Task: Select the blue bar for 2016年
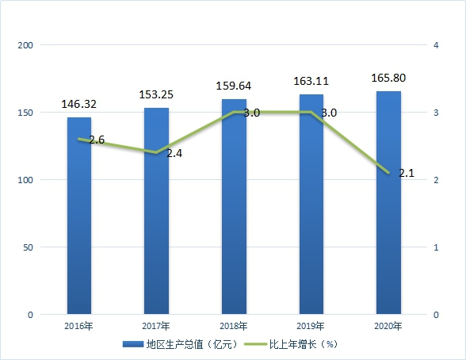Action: tap(79, 216)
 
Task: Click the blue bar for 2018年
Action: tap(235, 207)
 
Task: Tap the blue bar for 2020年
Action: tap(388, 203)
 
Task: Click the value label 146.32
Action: tap(79, 104)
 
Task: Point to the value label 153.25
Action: tap(156, 94)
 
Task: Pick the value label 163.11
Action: tap(311, 81)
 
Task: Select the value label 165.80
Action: tap(388, 78)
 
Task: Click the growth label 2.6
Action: tap(97, 140)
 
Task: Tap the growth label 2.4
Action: tap(174, 153)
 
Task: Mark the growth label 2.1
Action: tap(407, 173)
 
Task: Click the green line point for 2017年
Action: tap(156, 152)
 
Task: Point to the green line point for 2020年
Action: tap(388, 173)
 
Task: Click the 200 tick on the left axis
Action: tap(25, 45)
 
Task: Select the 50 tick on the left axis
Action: tap(28, 247)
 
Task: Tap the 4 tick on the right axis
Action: tap(436, 45)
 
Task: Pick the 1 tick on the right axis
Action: tap(436, 247)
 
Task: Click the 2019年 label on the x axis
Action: tap(311, 326)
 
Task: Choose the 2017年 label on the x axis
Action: tap(156, 326)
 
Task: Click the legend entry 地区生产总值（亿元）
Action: tap(181, 344)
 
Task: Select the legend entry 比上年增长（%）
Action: tap(291, 344)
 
